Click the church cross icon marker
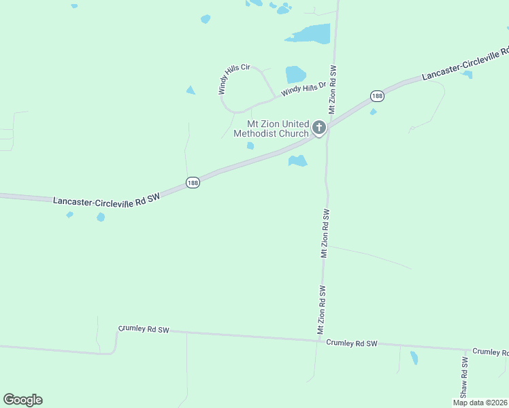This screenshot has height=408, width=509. click(318, 127)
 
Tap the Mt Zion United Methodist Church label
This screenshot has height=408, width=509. click(271, 129)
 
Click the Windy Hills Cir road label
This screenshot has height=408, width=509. click(233, 79)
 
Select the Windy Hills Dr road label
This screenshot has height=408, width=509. click(305, 86)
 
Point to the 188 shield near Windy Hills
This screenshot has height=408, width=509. click(377, 96)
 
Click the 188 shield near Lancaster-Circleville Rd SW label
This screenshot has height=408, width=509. click(193, 183)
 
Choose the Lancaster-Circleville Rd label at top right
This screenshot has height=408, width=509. click(465, 64)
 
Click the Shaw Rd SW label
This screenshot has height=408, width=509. click(464, 378)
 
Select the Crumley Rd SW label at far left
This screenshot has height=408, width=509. click(144, 329)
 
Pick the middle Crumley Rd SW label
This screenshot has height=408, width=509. click(351, 343)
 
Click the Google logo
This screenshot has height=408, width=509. click(22, 400)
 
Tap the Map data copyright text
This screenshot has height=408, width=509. click(480, 403)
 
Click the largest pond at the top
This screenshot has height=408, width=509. click(310, 33)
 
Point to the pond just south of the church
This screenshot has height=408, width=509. click(297, 161)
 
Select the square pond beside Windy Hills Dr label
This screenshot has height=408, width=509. click(295, 73)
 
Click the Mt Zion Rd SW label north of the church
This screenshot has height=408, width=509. click(333, 90)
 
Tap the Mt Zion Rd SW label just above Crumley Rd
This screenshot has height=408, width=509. click(320, 309)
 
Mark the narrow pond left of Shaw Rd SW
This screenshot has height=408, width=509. click(414, 358)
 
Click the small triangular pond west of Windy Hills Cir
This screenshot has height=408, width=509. click(191, 90)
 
